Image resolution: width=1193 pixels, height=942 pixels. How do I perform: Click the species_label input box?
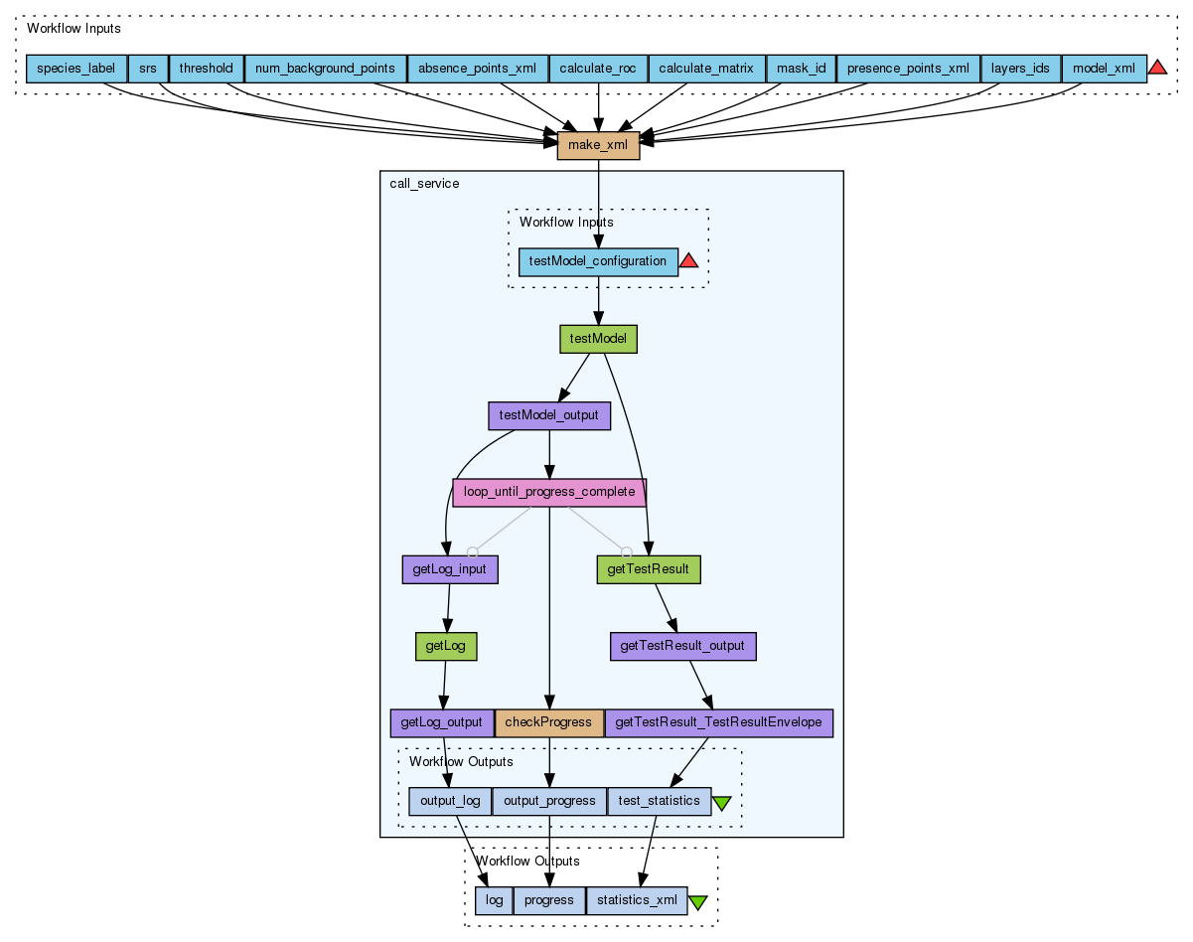tap(76, 69)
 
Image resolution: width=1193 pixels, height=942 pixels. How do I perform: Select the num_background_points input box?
tap(326, 69)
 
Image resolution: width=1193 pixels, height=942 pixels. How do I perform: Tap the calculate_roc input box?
tap(598, 69)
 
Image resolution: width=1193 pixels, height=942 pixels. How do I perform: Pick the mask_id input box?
tap(801, 69)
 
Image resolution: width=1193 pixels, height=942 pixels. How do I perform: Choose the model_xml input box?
tap(1104, 69)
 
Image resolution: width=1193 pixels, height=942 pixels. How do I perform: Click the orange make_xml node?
tap(598, 146)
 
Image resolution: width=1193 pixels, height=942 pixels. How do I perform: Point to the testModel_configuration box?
tap(598, 261)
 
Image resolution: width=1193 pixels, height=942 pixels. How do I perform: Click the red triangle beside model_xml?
tap(1157, 68)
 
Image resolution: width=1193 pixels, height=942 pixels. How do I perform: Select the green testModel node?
tap(598, 339)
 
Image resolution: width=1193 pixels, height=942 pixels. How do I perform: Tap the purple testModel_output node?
tap(549, 415)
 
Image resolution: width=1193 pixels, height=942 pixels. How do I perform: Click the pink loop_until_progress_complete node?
tap(549, 492)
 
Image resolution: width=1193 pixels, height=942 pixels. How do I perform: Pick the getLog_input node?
tap(450, 569)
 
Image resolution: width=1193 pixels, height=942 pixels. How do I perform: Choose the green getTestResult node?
tap(649, 569)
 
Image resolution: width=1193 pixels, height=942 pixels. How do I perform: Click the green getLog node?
tap(446, 646)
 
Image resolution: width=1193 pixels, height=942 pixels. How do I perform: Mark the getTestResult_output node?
tap(682, 646)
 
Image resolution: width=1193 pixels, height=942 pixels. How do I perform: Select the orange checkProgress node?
tap(549, 722)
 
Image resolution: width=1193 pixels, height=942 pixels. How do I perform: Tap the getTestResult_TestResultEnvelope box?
tap(718, 722)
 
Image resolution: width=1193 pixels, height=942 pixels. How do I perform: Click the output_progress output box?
tap(549, 801)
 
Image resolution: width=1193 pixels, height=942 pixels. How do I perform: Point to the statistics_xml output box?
tap(637, 900)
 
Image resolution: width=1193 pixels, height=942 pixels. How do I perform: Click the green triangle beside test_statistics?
tap(722, 802)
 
